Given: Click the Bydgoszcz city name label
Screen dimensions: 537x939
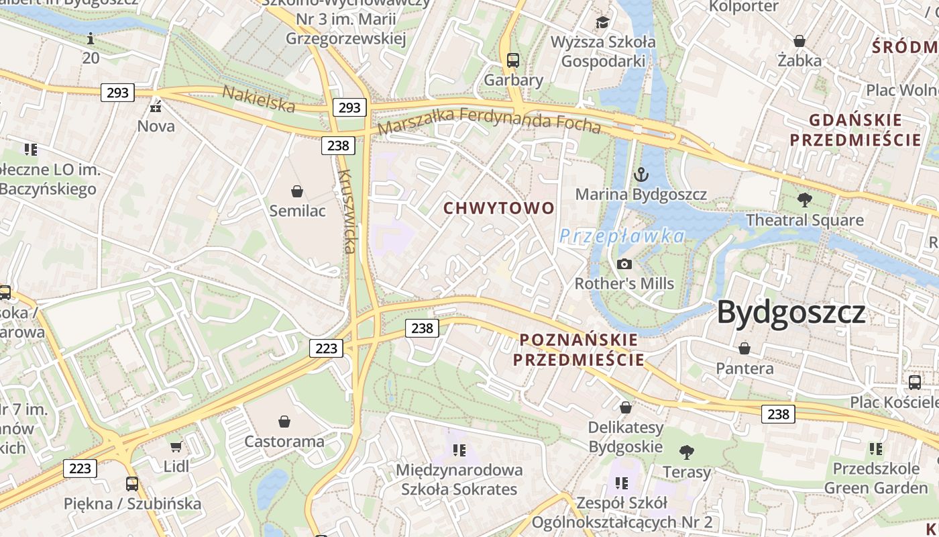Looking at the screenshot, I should click(x=791, y=313).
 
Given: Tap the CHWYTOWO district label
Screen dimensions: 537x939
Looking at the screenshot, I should click(x=499, y=208).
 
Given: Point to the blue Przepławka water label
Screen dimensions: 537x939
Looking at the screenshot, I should click(x=622, y=236).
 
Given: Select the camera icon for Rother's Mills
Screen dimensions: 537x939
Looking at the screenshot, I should click(x=624, y=264).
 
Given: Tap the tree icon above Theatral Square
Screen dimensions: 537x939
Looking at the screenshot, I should click(x=804, y=199).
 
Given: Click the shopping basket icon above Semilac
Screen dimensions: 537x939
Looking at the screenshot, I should click(x=297, y=191).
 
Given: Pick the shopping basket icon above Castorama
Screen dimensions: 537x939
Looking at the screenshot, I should click(x=284, y=422).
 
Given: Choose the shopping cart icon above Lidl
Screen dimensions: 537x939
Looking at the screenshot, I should click(x=176, y=446).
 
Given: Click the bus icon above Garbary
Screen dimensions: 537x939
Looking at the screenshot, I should click(x=513, y=60).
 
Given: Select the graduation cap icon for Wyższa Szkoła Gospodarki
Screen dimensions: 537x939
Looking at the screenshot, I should click(x=602, y=23).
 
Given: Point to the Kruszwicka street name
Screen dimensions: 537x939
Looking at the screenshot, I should click(x=347, y=211).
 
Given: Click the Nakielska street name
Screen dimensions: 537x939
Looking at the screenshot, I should click(x=258, y=99).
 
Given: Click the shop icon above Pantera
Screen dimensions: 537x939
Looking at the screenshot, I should click(x=744, y=348).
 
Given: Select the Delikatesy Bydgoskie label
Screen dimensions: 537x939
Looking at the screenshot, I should click(x=625, y=437).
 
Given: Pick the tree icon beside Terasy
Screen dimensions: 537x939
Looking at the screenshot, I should click(x=686, y=452).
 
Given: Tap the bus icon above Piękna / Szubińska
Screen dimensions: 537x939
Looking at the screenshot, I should click(x=132, y=483).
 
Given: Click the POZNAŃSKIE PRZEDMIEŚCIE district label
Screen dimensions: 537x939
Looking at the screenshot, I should click(x=579, y=350).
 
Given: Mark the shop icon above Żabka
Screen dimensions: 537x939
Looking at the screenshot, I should click(x=799, y=41).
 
